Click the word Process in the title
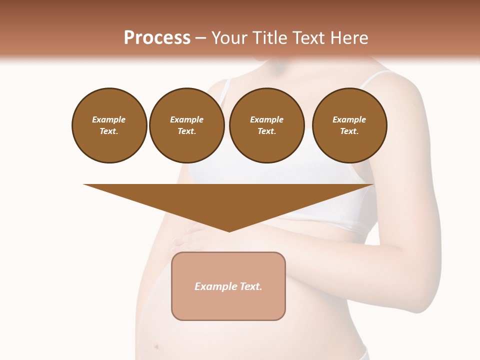tap(157, 38)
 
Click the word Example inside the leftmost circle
tap(109, 119)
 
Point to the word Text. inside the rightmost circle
tap(349, 131)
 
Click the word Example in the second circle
tap(187, 119)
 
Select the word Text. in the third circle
tap(267, 131)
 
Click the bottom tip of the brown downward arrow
tap(229, 230)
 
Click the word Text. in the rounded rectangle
tap(251, 286)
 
